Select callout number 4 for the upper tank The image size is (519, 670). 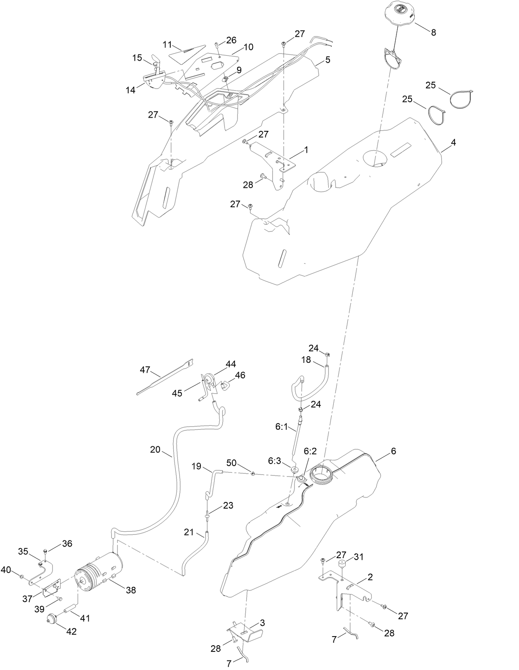pos(453,142)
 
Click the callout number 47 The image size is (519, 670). pos(145,370)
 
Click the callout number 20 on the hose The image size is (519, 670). pos(155,450)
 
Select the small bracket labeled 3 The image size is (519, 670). pos(245,630)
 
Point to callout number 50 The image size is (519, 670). pos(231,463)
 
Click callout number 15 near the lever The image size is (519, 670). pos(137,58)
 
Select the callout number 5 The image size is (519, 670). pos(328,60)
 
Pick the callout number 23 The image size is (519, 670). pos(228,505)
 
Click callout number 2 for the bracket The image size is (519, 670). pos(370,578)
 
